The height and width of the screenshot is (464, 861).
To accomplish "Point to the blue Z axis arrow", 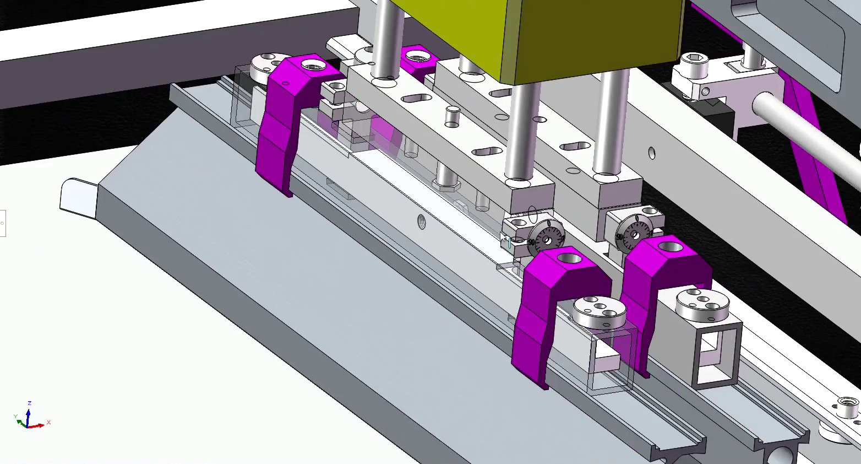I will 29,413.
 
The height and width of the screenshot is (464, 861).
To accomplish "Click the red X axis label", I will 48,423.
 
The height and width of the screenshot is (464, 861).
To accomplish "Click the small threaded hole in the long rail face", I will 422,222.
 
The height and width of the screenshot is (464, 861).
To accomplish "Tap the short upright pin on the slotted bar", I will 452,116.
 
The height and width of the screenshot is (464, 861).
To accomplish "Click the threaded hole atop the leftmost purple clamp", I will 314,64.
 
